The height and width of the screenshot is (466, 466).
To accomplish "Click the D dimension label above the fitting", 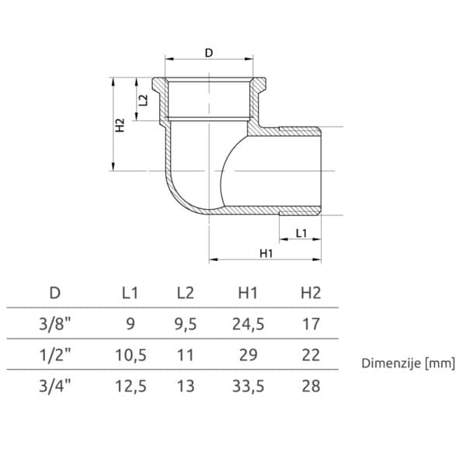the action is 209,53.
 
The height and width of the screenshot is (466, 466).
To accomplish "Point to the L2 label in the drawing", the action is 143,100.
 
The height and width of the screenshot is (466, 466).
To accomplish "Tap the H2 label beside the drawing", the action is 120,125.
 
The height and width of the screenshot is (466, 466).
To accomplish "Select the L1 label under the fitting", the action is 301,233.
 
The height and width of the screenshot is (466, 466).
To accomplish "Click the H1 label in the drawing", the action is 266,253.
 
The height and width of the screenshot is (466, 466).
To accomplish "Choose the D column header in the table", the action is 55,293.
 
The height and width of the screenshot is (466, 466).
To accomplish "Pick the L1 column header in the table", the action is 130,293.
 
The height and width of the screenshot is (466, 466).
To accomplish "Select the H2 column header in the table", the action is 311,293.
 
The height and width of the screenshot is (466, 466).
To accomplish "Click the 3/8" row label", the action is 55,324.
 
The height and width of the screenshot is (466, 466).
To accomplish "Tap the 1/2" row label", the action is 55,355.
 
